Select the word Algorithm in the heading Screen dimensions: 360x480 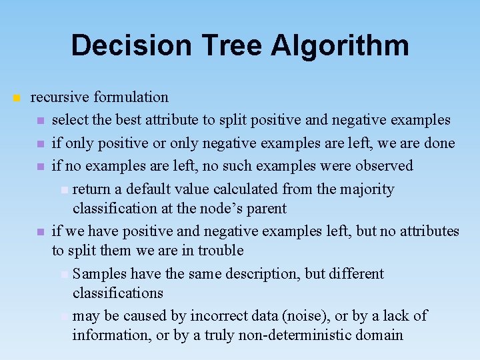(x=340, y=45)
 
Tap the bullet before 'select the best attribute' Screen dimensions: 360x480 (x=41, y=121)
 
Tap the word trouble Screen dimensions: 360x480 (x=221, y=251)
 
